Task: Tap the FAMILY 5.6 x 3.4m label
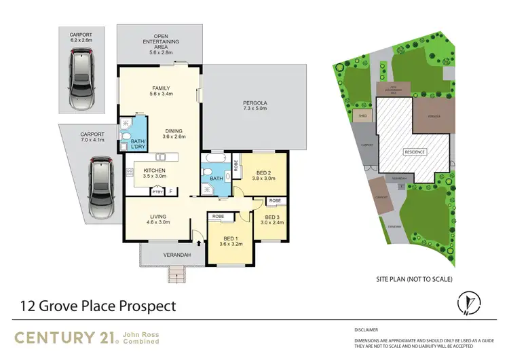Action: (x=160, y=91)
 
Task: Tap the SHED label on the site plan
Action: (x=362, y=116)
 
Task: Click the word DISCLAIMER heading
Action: (x=369, y=329)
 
